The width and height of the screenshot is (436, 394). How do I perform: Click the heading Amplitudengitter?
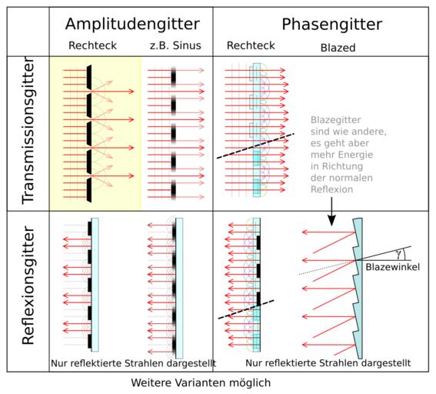132,25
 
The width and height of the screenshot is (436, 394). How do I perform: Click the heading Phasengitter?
331,25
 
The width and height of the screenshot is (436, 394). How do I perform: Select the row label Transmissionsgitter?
28,131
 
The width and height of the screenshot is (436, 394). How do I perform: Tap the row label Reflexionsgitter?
28,285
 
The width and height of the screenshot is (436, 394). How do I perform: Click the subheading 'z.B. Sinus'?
175,45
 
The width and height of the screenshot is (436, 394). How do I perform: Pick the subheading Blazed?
338,48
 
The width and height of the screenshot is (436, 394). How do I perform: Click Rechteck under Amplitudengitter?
92,45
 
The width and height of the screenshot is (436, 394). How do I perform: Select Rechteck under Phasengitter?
251,45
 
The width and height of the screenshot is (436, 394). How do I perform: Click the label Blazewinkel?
392,267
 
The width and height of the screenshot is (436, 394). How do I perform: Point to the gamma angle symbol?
399,254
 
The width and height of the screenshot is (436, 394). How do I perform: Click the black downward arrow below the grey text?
331,212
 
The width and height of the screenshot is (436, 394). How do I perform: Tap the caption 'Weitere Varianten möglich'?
201,382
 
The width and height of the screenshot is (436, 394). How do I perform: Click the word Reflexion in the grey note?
331,189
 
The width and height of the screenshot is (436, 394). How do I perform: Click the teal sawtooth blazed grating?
358,289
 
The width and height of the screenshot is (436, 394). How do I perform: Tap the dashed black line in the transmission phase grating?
255,146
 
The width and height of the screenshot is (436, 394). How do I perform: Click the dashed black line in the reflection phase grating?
246,309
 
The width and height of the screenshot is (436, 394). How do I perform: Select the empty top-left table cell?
28,32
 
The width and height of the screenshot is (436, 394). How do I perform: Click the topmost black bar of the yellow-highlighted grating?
89,78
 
